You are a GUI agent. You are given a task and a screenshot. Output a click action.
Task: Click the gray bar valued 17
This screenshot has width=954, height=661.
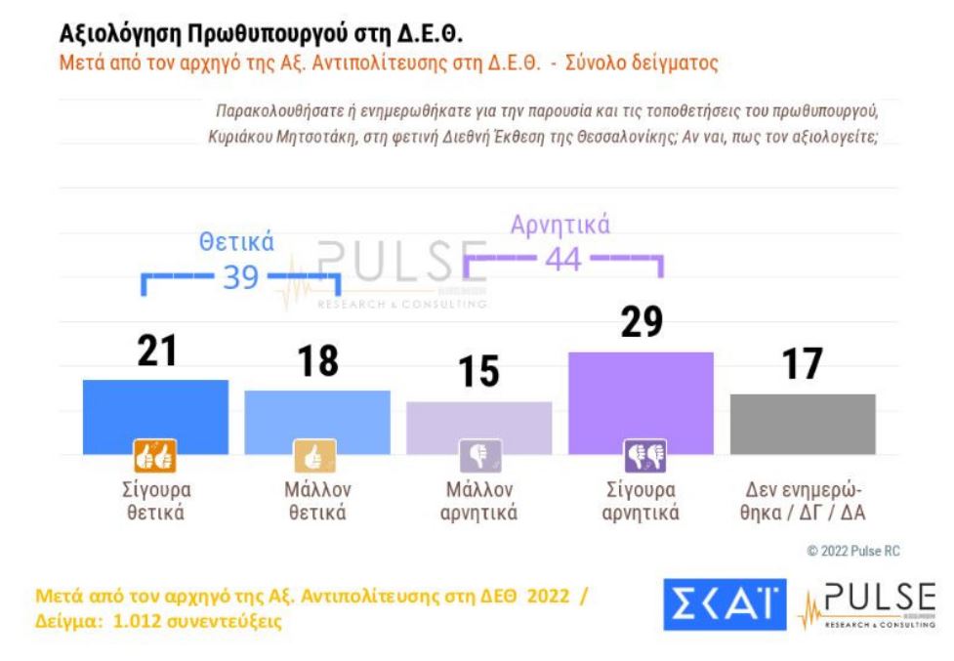point(803,423)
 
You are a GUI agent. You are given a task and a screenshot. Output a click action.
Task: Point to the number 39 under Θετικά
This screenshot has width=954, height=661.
point(240,277)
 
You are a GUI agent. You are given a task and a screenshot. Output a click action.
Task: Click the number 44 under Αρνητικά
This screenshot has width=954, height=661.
point(563,260)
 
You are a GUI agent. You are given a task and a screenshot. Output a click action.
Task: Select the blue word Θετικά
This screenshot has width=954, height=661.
point(236,242)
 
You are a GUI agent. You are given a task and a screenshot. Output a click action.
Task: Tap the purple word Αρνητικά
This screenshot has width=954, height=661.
point(560,226)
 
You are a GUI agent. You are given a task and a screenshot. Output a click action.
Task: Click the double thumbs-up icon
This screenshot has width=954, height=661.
point(154,456)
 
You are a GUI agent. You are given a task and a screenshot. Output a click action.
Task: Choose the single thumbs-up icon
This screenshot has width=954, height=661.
point(314,456)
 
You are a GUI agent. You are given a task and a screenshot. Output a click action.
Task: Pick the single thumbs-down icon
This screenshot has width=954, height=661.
point(479,456)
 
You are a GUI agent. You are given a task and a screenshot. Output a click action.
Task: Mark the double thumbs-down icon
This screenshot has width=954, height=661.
point(644,456)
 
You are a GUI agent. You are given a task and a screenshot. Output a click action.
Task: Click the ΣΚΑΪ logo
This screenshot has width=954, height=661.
point(725,605)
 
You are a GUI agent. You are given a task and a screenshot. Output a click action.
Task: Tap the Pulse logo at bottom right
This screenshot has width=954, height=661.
point(867,605)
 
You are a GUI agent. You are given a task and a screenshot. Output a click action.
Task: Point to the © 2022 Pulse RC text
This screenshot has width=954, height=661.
point(852,552)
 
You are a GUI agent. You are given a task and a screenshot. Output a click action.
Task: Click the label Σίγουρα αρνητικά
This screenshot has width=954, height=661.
point(641,500)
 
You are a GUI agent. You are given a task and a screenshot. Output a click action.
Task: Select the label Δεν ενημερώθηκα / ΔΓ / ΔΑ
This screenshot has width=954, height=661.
point(803,500)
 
